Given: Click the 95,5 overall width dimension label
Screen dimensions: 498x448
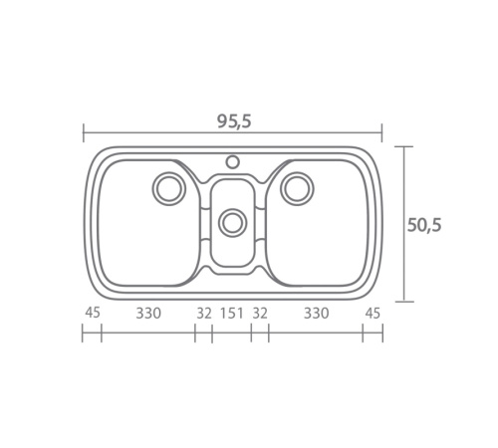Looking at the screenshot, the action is point(234,121).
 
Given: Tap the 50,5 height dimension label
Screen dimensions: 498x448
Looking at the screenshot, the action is point(424,225).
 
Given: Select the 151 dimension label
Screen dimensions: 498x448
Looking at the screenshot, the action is point(232,314).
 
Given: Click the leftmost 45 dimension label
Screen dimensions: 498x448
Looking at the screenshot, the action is point(93,313).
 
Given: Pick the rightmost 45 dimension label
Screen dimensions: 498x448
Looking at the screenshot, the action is point(373,314).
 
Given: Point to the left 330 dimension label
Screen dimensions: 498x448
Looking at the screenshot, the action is point(148,314).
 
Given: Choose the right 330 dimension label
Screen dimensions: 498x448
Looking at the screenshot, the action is point(317,314).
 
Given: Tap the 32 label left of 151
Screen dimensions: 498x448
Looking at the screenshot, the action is point(204,314).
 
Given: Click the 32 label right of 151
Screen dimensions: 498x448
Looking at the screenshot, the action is point(260,314).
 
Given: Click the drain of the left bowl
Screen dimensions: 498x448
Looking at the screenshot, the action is point(169,188).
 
